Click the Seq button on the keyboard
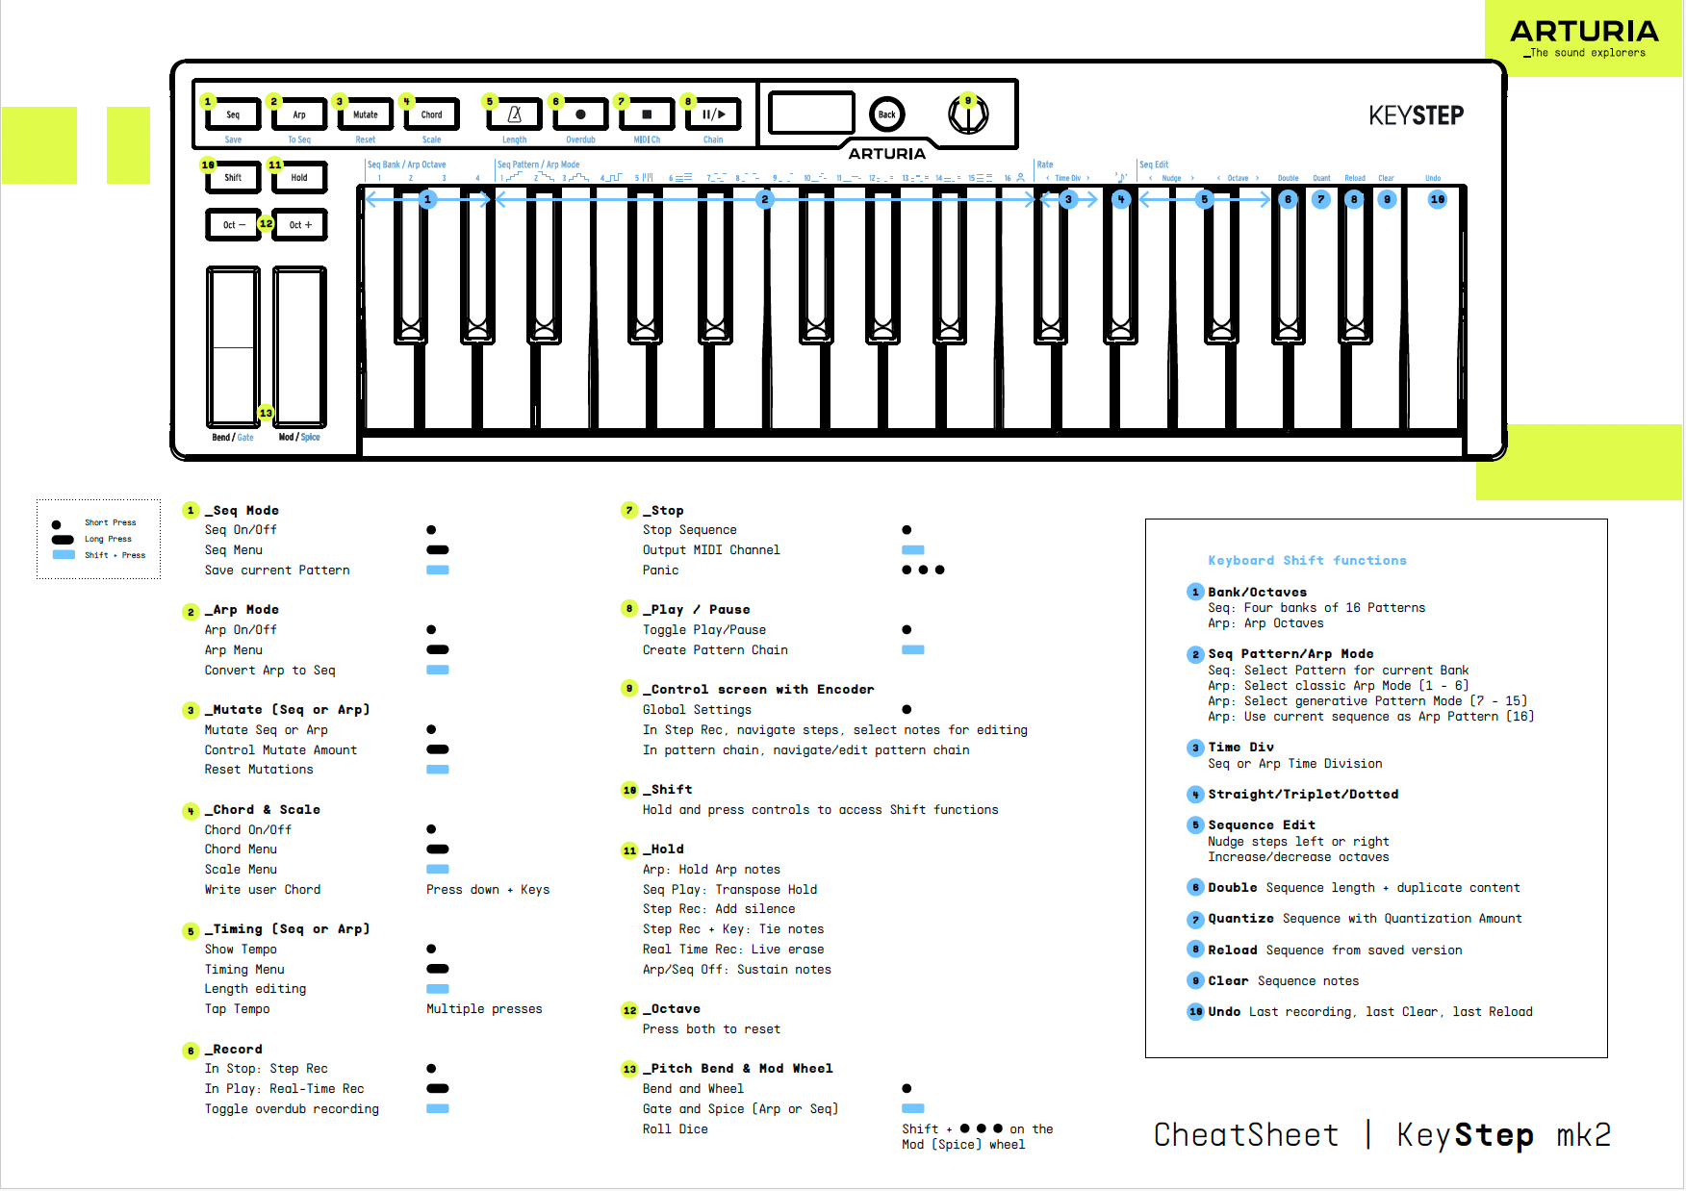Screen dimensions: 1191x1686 pos(233,114)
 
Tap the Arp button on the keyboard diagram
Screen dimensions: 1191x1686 pos(299,114)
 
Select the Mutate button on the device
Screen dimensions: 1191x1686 pos(366,114)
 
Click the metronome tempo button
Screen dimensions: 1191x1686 pos(515,114)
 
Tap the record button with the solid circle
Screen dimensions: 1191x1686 pos(580,114)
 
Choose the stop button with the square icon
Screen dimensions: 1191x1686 pos(647,114)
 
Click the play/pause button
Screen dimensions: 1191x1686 pos(713,114)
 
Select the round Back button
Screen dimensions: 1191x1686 pos(886,114)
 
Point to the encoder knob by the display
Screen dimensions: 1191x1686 pos(968,115)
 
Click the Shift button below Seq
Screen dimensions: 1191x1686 pos(233,178)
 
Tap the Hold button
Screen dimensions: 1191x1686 pos(299,178)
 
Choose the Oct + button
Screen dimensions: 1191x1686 pos(300,225)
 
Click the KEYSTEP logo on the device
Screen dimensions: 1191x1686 pos(1416,116)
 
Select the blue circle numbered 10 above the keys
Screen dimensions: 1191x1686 pos(1437,199)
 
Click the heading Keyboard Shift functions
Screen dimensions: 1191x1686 pos(1307,560)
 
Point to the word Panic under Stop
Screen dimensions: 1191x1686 pos(660,570)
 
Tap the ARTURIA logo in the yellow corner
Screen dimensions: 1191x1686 pos(1584,32)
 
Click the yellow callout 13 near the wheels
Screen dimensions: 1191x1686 pos(266,413)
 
